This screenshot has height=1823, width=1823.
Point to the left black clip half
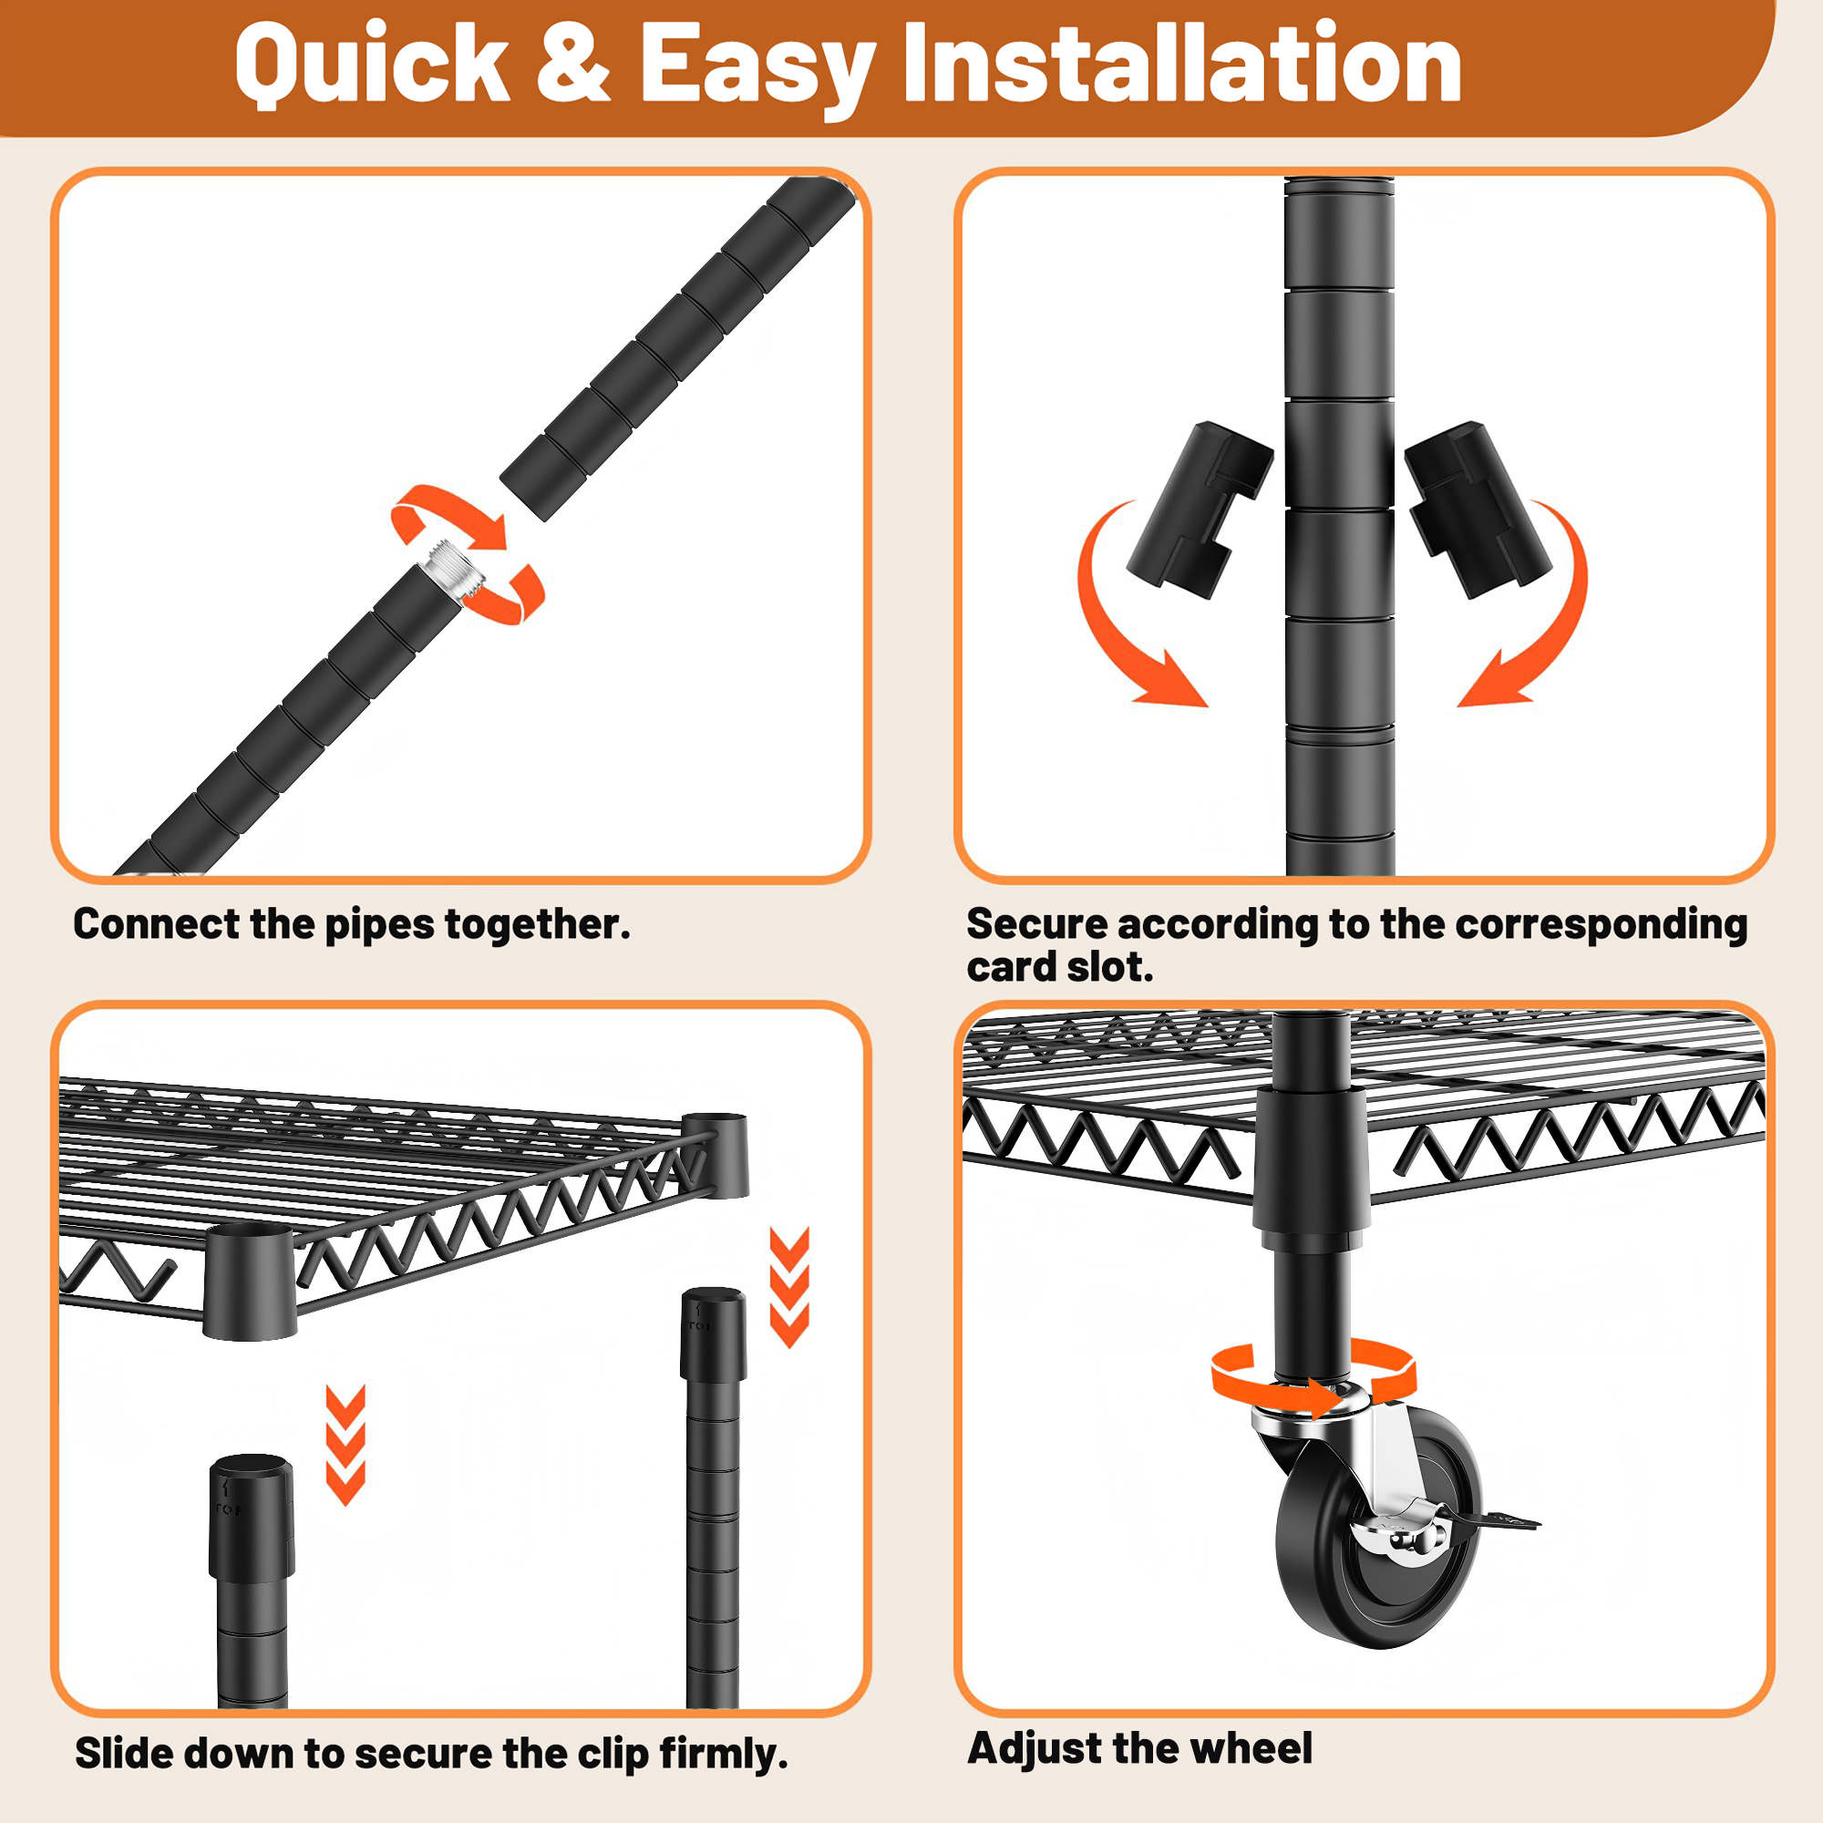1200,510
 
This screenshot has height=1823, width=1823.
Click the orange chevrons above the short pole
345,1445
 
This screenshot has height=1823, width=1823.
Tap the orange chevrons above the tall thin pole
789,1287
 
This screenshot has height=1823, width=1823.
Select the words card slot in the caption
1060,967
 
